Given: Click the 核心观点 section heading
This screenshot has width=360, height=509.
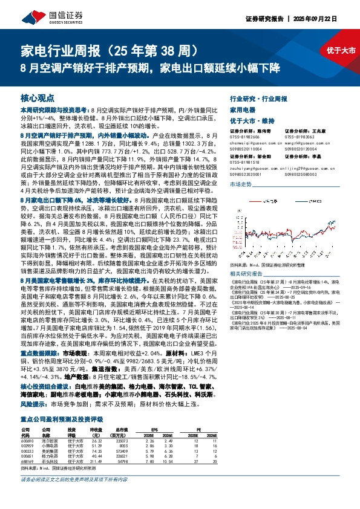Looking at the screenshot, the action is [x=37, y=97].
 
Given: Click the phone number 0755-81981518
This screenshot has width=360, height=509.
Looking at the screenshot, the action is [x=244, y=161].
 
